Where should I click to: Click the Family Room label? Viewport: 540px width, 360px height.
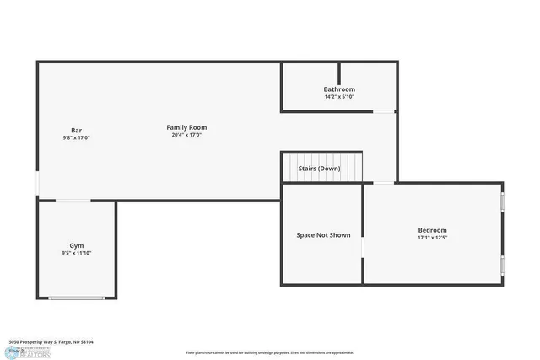[x=186, y=127]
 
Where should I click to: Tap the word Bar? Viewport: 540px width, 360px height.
[x=76, y=130]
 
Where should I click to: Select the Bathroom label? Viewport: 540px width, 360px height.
[x=339, y=89]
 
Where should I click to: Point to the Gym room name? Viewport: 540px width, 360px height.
[x=76, y=244]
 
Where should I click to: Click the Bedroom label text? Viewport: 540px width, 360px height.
[x=432, y=230]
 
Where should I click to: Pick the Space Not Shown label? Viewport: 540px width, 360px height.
[x=323, y=235]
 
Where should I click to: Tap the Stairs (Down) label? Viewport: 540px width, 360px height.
[x=319, y=169]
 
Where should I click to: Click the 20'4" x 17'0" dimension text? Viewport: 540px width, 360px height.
[x=186, y=135]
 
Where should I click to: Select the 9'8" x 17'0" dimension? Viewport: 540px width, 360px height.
[x=76, y=137]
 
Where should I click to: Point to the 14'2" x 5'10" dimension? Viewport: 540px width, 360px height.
[x=339, y=97]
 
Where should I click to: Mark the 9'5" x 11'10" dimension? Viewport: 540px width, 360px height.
[x=76, y=253]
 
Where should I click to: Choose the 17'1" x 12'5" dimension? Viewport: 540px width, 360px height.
[x=432, y=238]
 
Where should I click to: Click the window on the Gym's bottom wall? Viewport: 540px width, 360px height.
[x=77, y=298]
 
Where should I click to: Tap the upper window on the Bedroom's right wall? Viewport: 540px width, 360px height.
[x=503, y=202]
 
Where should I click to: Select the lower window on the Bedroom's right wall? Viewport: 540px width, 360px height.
[x=503, y=266]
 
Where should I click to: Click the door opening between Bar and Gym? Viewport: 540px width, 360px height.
[x=73, y=201]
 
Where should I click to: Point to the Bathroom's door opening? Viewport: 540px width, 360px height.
[x=384, y=111]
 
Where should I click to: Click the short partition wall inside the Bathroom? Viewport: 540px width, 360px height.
[x=339, y=73]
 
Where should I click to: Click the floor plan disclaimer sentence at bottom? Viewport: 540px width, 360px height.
[x=270, y=352]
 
